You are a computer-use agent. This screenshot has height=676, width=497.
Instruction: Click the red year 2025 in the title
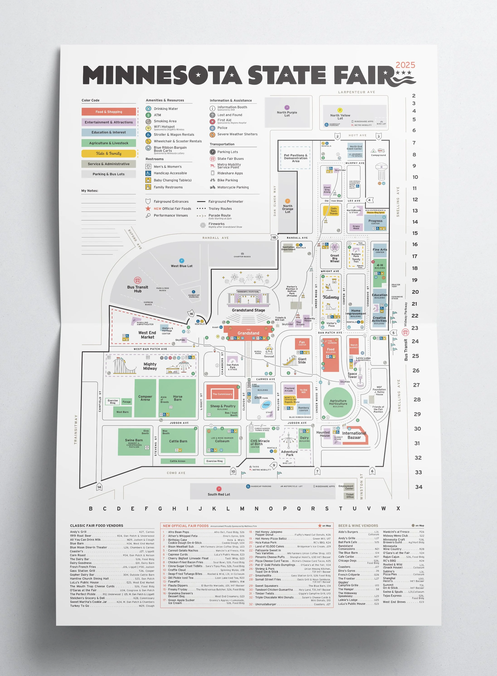click(405, 65)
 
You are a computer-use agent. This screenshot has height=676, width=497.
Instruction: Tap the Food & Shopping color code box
click(109, 112)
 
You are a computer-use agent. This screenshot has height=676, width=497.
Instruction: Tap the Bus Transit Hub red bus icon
click(137, 280)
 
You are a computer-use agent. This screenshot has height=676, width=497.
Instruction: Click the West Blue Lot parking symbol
click(181, 261)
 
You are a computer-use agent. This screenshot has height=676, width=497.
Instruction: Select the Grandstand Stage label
click(248, 310)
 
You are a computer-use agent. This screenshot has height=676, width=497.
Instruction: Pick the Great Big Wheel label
click(334, 258)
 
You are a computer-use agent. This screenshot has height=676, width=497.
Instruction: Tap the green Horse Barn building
click(178, 398)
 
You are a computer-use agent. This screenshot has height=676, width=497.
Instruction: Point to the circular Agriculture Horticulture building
click(338, 403)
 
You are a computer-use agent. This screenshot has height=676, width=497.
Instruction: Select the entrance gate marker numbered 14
click(99, 487)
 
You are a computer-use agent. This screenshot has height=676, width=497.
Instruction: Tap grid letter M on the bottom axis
click(242, 508)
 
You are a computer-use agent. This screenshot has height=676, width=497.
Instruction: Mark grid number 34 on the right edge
click(419, 487)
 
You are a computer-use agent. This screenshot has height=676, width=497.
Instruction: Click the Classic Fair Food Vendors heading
click(97, 526)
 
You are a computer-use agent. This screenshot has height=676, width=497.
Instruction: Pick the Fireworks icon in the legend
click(203, 225)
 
